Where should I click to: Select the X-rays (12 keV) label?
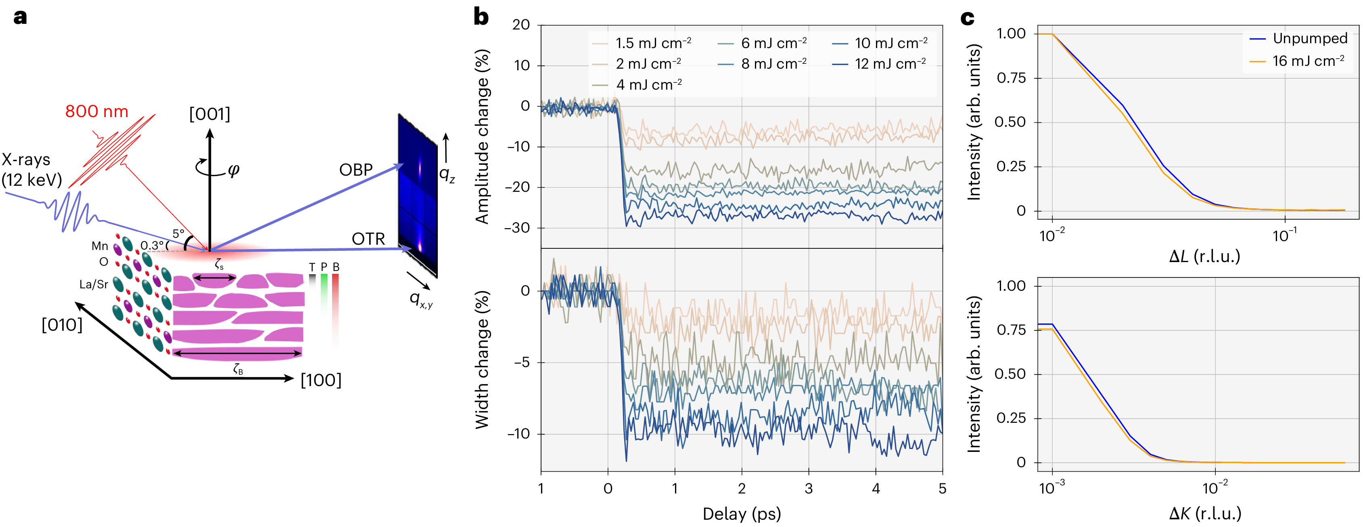tap(31, 170)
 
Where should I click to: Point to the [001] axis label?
tap(209, 114)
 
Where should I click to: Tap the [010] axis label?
tap(62, 325)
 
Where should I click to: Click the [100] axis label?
tap(321, 380)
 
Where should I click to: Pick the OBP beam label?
tap(355, 170)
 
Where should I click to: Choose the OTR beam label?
tap(368, 239)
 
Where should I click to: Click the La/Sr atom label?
tap(93, 284)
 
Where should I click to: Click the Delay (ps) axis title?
tap(741, 513)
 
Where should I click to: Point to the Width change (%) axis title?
tap(481, 360)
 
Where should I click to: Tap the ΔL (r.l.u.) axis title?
tap(1204, 256)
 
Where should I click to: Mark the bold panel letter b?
tap(481, 17)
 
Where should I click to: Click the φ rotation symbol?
tap(233, 170)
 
